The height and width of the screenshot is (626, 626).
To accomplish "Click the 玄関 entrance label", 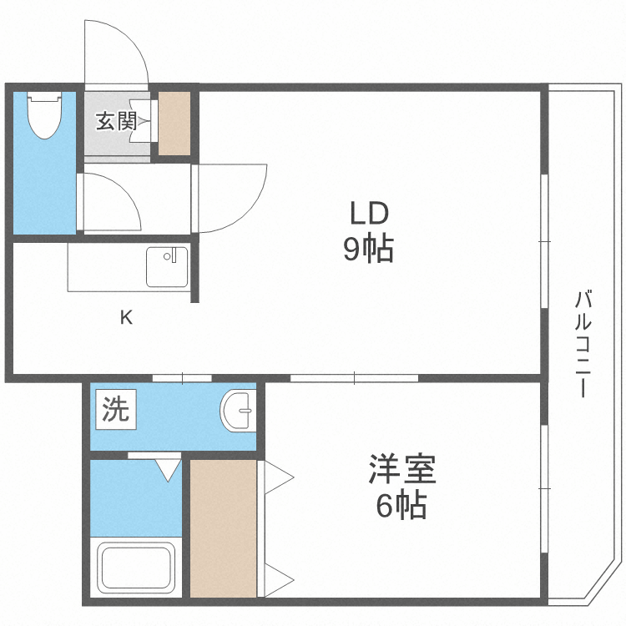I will coord(116,121).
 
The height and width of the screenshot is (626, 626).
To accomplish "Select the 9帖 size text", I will coord(369,249).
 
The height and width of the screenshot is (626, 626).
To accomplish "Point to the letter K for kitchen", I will coord(125,317).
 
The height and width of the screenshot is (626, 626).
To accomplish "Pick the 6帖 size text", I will coord(401,506).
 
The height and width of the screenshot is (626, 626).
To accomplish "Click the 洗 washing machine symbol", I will coord(116,411).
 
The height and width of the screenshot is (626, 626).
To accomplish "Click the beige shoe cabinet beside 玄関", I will coord(174,122).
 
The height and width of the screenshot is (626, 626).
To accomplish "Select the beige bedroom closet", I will coord(223,528).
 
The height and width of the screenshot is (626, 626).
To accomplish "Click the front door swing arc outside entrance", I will coord(117,50).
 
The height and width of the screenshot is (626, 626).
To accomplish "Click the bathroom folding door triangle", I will coord(168,469).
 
